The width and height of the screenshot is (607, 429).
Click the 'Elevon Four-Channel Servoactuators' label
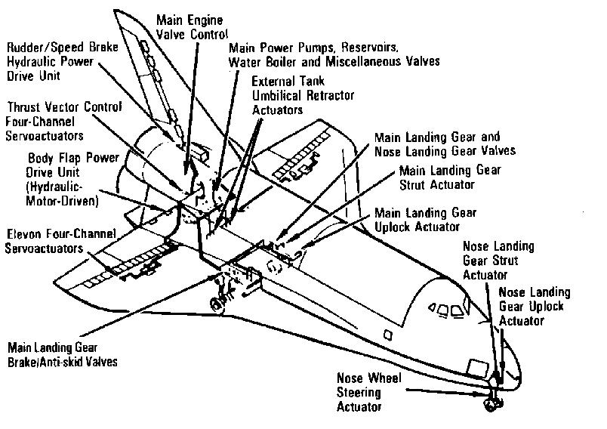[51, 241]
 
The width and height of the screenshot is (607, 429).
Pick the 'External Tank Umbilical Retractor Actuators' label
[303, 95]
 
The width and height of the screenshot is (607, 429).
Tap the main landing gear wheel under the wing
[217, 304]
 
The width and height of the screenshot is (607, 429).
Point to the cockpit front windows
[447, 311]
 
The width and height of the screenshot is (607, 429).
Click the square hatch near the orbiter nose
[477, 368]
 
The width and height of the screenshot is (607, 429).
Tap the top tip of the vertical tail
[119, 13]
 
